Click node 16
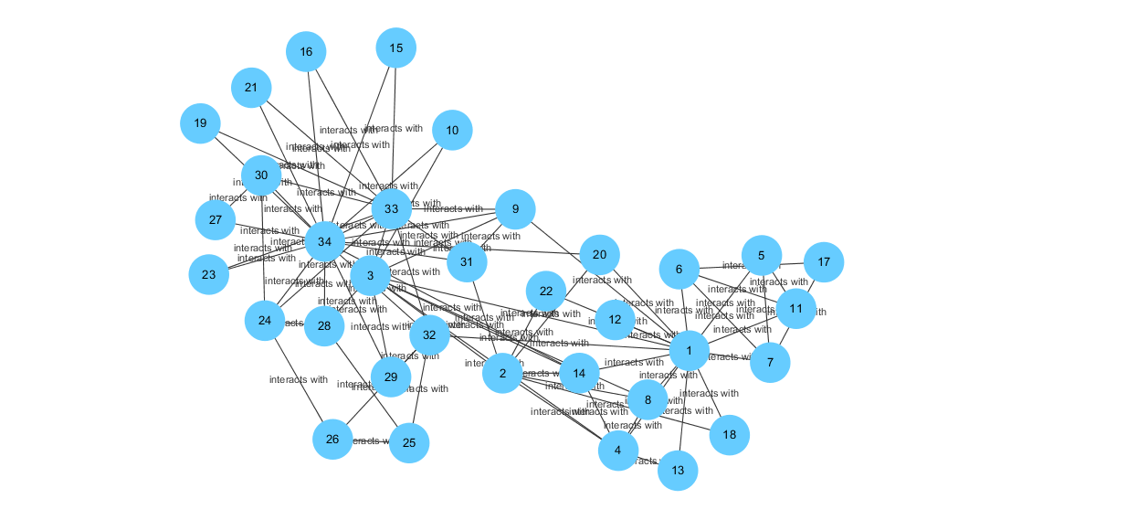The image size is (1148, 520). pyautogui.click(x=306, y=52)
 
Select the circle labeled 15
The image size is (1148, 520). pyautogui.click(x=395, y=48)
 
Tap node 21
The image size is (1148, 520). pyautogui.click(x=251, y=89)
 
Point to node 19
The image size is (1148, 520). pyautogui.click(x=200, y=123)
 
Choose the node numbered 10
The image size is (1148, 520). pyautogui.click(x=452, y=131)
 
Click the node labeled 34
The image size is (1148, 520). pyautogui.click(x=324, y=241)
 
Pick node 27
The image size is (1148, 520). pyautogui.click(x=216, y=219)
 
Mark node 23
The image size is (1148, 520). pyautogui.click(x=209, y=274)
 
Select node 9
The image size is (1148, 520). pyautogui.click(x=515, y=209)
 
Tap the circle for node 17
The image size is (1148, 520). pyautogui.click(x=824, y=262)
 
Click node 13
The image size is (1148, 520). pyautogui.click(x=678, y=471)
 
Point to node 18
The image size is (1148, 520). pyautogui.click(x=729, y=435)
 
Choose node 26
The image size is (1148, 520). pyautogui.click(x=332, y=440)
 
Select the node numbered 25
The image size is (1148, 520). pyautogui.click(x=409, y=443)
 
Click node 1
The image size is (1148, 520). pyautogui.click(x=689, y=351)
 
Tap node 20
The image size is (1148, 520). pyautogui.click(x=599, y=255)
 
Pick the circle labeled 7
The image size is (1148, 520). pyautogui.click(x=770, y=363)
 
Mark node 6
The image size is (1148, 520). pyautogui.click(x=679, y=270)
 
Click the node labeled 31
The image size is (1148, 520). pyautogui.click(x=467, y=262)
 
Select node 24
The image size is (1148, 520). pyautogui.click(x=265, y=321)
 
